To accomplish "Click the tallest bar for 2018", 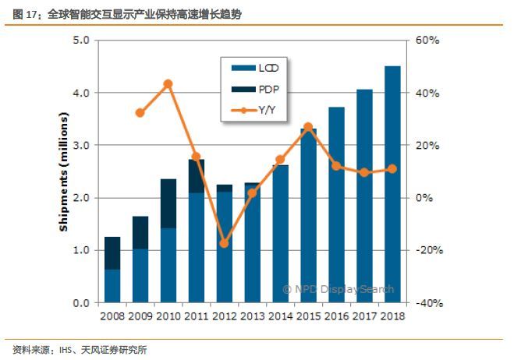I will click(x=393, y=184).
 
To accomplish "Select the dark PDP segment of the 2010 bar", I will click(x=168, y=203).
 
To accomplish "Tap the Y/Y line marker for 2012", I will click(x=225, y=243).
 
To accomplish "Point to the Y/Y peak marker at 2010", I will click(x=168, y=83).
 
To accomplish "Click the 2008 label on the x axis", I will click(x=112, y=317).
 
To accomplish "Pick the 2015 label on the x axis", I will click(x=309, y=317).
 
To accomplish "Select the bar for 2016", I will click(x=337, y=204).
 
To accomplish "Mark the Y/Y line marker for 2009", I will click(x=140, y=112).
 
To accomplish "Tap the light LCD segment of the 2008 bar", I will click(x=112, y=285).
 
